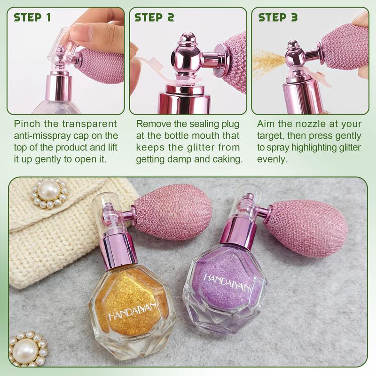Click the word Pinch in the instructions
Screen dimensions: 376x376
26,125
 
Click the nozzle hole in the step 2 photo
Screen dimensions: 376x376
178,58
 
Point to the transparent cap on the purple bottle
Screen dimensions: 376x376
246,201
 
